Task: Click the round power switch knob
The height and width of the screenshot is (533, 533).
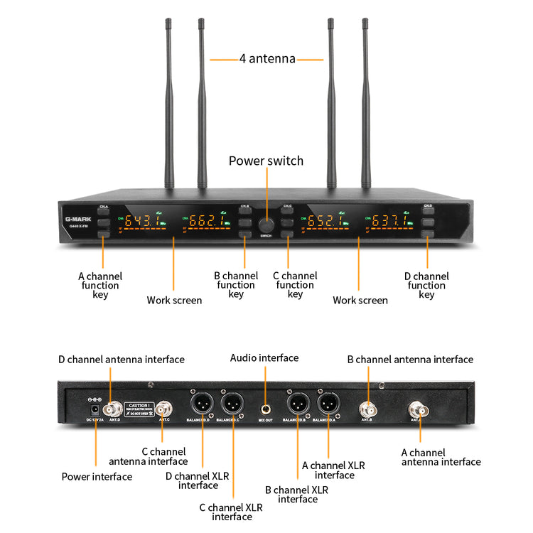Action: pyautogui.click(x=266, y=222)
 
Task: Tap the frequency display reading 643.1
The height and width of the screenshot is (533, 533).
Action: pyautogui.click(x=139, y=221)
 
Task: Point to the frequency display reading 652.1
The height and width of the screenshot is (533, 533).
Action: pyautogui.click(x=326, y=221)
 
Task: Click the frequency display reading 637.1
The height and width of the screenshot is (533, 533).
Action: pyautogui.click(x=390, y=221)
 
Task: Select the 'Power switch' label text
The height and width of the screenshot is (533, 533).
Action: pyautogui.click(x=266, y=161)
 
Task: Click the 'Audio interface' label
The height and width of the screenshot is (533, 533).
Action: pyautogui.click(x=264, y=358)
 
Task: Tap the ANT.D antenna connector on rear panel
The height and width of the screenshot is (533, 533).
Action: pyautogui.click(x=112, y=409)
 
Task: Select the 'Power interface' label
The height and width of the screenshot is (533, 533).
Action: pyautogui.click(x=97, y=477)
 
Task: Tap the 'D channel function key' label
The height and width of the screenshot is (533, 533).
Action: pyautogui.click(x=426, y=286)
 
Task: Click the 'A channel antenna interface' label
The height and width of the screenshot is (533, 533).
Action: pyautogui.click(x=441, y=457)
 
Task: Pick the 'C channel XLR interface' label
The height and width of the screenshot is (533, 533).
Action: pyautogui.click(x=232, y=512)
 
